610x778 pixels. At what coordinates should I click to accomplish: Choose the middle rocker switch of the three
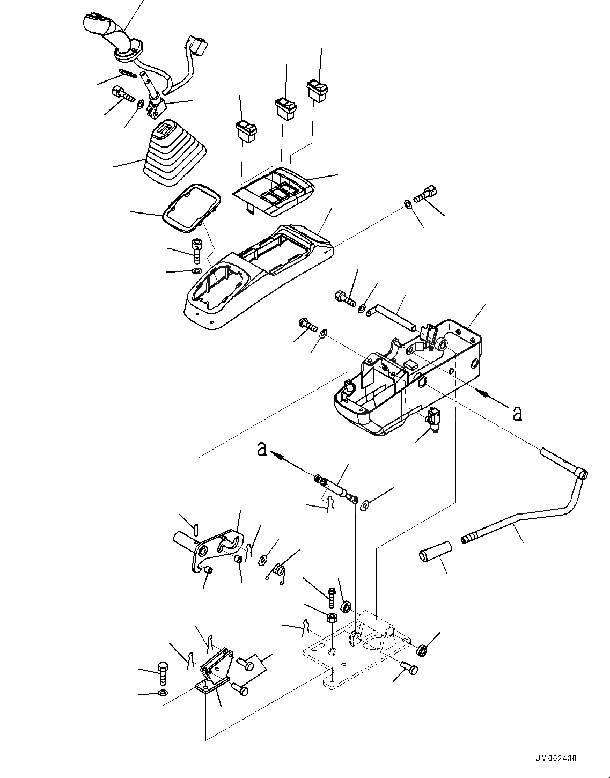click(x=286, y=107)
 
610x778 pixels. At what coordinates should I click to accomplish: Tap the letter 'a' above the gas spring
click(x=262, y=449)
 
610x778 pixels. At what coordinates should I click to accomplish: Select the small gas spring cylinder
click(x=336, y=488)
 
